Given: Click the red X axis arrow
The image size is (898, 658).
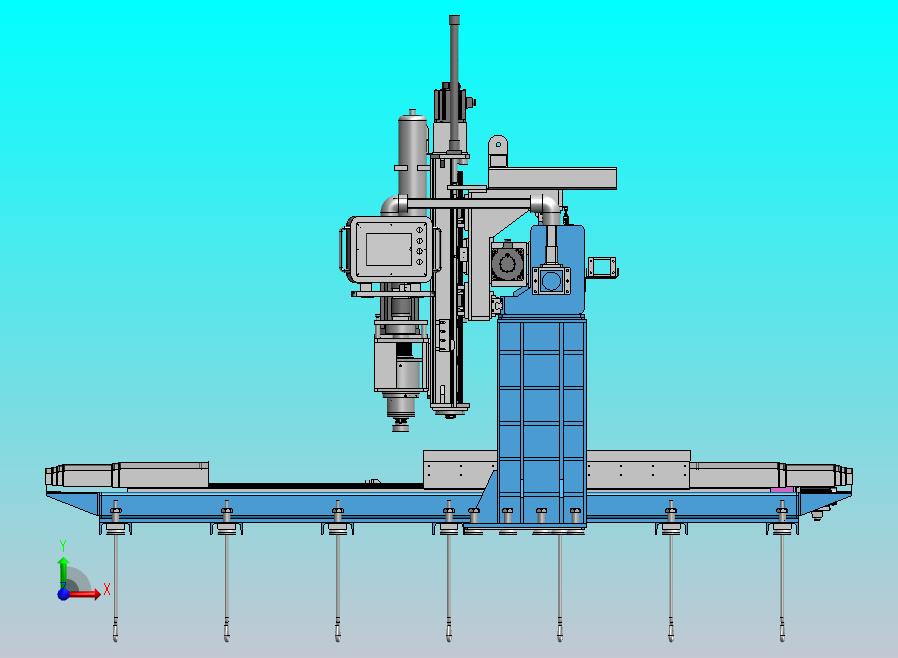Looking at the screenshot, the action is [x=84, y=594].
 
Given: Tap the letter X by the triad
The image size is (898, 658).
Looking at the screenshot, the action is [x=107, y=589].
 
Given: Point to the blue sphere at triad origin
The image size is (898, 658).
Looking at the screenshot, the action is [x=63, y=594].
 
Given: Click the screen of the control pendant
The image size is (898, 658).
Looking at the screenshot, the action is [x=389, y=249].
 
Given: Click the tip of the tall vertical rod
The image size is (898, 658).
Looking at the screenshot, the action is [x=454, y=18].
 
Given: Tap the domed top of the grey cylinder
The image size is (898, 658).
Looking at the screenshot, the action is [x=413, y=116].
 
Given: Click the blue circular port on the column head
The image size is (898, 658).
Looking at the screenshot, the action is [x=551, y=281].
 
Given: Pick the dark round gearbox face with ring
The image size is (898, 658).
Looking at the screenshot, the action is [x=507, y=263].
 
